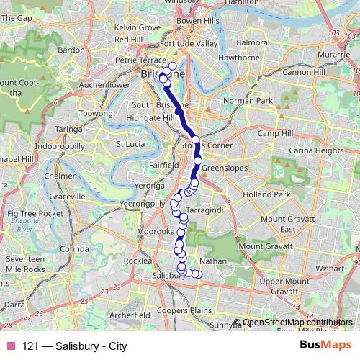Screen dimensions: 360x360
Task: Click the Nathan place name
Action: pyautogui.click(x=212, y=261)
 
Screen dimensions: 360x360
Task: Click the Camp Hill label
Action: pyautogui.click(x=275, y=134)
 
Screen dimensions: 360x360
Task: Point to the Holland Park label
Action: pyautogui.click(x=266, y=194)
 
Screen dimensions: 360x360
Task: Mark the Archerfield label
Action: pyautogui.click(x=130, y=315)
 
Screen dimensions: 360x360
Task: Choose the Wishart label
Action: pyautogui.click(x=330, y=267)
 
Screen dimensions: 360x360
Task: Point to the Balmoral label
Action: pyautogui.click(x=252, y=42)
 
